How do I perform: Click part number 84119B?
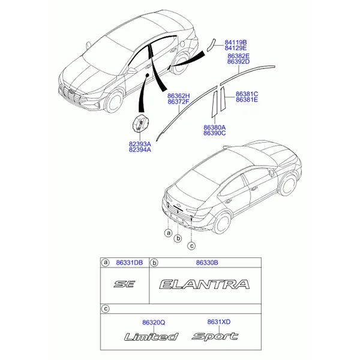click(x=236, y=43)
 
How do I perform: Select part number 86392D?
click(x=238, y=62)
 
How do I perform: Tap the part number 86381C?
click(x=247, y=94)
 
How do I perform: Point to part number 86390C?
click(x=214, y=133)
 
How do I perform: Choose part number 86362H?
click(x=178, y=96)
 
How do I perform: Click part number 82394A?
click(x=140, y=149)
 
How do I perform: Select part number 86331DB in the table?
click(x=129, y=263)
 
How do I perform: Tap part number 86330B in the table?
click(x=207, y=263)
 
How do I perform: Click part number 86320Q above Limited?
click(x=154, y=323)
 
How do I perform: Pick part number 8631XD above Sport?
click(x=219, y=322)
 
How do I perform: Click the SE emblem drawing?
click(x=124, y=284)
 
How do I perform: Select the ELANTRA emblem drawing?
click(x=205, y=284)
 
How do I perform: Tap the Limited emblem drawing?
click(x=151, y=337)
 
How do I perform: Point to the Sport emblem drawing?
click(x=215, y=336)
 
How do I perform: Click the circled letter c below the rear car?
click(x=191, y=246)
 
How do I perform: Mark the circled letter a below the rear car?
click(x=169, y=233)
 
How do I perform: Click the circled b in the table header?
click(x=154, y=263)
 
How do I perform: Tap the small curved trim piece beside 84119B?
click(x=211, y=45)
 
